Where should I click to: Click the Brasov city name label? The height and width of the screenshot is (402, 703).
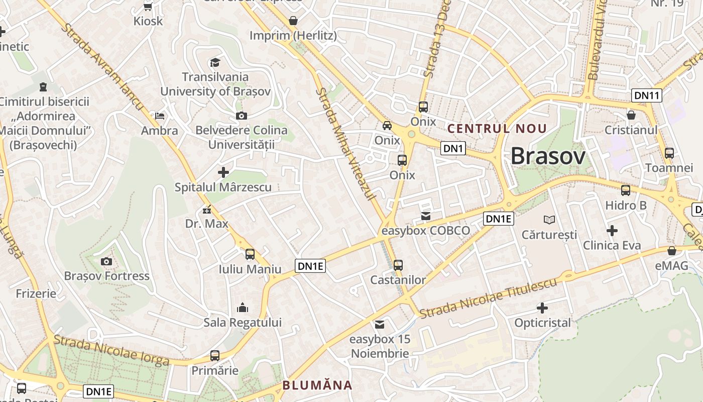pos(548,157)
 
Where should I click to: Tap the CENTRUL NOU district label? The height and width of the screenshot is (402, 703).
pos(497,129)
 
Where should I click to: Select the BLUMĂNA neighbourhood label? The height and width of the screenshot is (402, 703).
pos(317,385)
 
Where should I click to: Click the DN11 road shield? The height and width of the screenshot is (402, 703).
pos(646,95)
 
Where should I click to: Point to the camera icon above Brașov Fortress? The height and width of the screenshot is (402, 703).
pos(106,261)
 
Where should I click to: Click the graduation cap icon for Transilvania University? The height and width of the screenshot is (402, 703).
pos(215,62)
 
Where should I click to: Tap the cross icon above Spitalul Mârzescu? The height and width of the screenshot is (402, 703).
pos(223,172)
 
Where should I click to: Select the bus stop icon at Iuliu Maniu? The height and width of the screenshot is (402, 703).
pos(250,254)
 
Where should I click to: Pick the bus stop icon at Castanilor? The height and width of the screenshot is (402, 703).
pos(398,265)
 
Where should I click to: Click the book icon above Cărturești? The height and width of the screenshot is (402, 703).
pos(549,220)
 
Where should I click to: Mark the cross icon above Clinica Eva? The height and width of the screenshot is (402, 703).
pos(612,231)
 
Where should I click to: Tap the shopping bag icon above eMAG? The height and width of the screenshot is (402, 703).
pos(671,251)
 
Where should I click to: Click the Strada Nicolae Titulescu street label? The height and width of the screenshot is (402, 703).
pos(488,298)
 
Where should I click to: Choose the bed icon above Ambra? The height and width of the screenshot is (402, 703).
pos(160,116)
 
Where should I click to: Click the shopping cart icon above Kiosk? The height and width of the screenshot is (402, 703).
pos(148,7)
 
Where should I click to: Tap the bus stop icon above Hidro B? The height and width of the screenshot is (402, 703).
pos(625,190)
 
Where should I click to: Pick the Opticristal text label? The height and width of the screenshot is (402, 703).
pos(542,323)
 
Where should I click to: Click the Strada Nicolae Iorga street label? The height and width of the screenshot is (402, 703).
pos(111,350)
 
